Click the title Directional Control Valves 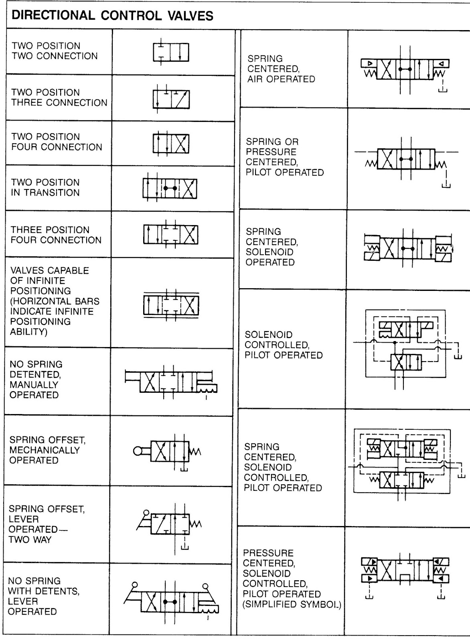point(113,16)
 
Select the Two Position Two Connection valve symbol point(170,52)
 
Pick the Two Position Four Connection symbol point(171,143)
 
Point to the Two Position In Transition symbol point(170,188)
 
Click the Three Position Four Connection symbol point(171,234)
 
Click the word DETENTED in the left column point(35,374)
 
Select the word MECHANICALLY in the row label point(45,450)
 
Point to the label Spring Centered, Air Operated point(281,69)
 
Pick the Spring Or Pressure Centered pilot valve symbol point(406,159)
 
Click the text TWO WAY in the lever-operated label point(30,540)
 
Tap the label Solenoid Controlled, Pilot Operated point(284,345)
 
